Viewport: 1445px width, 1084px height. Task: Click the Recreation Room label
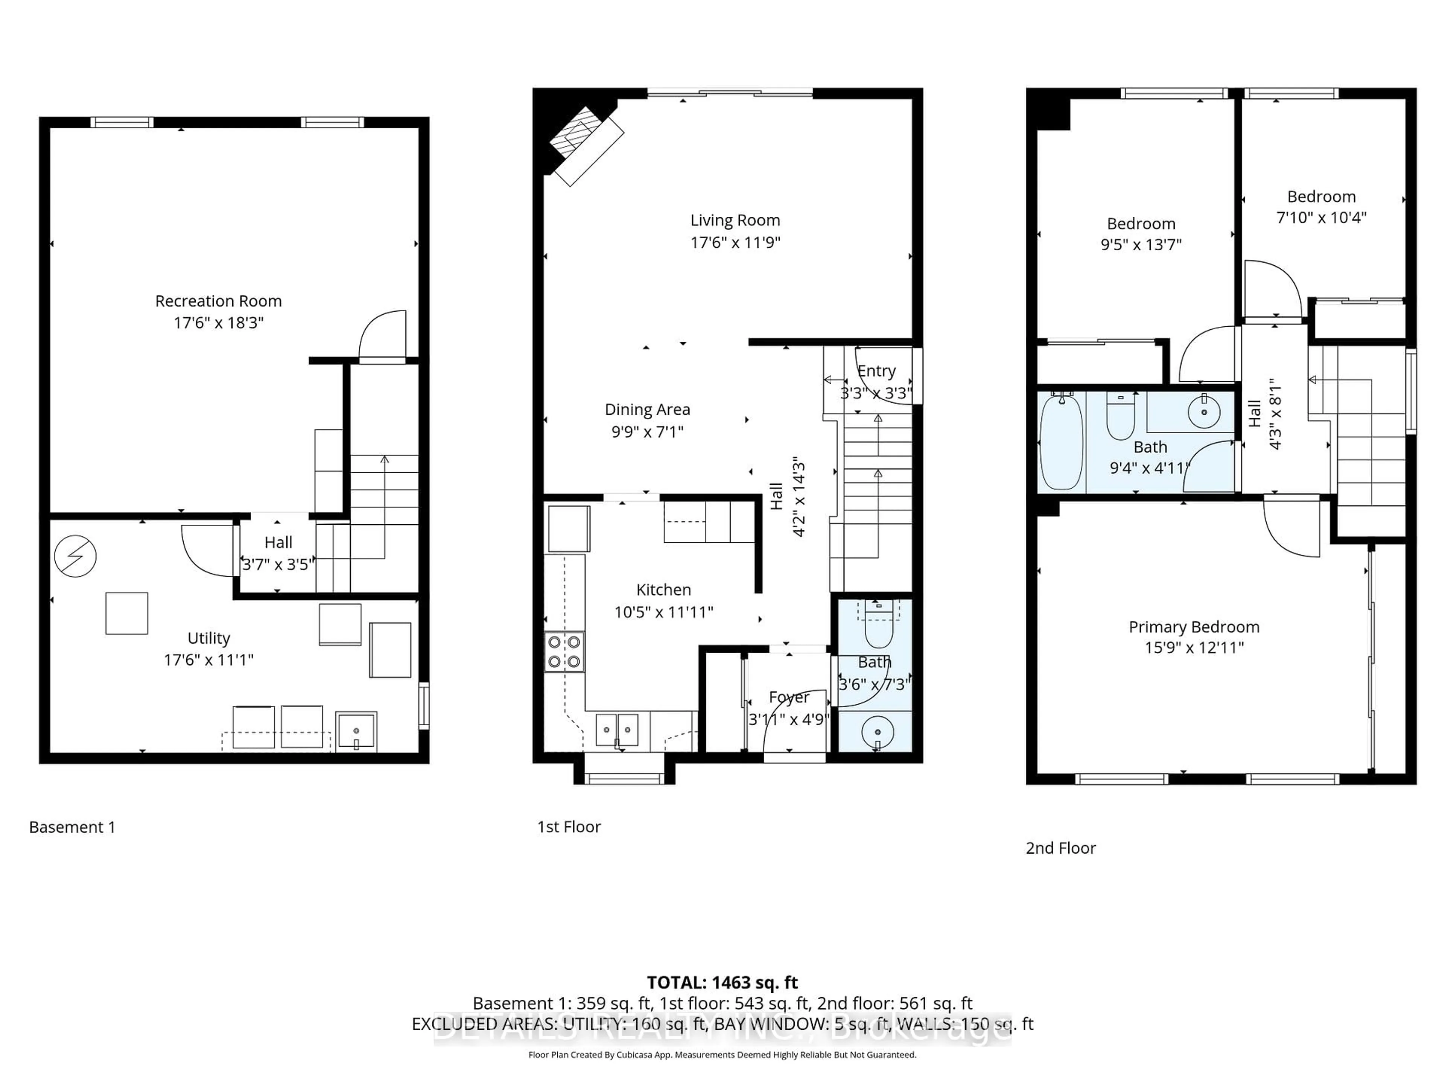click(218, 301)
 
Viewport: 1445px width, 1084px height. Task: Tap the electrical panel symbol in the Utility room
click(75, 556)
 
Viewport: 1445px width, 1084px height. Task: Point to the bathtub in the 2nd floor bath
click(1061, 442)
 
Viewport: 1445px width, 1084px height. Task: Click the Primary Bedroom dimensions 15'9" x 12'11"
click(1194, 647)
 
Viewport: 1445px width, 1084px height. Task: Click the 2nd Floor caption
click(1060, 848)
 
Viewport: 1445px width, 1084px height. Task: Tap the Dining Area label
click(647, 410)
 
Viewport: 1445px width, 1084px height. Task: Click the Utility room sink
click(356, 731)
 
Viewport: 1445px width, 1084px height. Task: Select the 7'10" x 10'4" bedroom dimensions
click(1321, 218)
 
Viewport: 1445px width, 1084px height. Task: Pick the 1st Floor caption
click(568, 827)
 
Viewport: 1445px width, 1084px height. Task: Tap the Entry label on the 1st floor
click(876, 371)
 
